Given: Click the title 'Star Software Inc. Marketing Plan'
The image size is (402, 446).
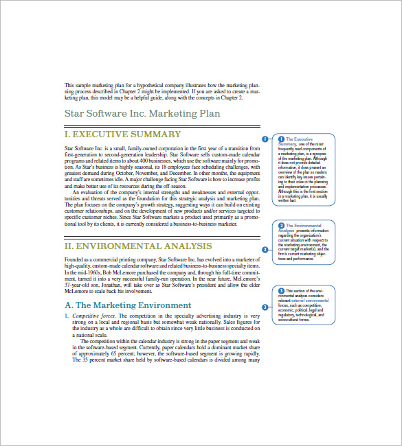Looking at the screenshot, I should coord(142,113).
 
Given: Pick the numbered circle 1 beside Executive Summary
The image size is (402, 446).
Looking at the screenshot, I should coord(265,139).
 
